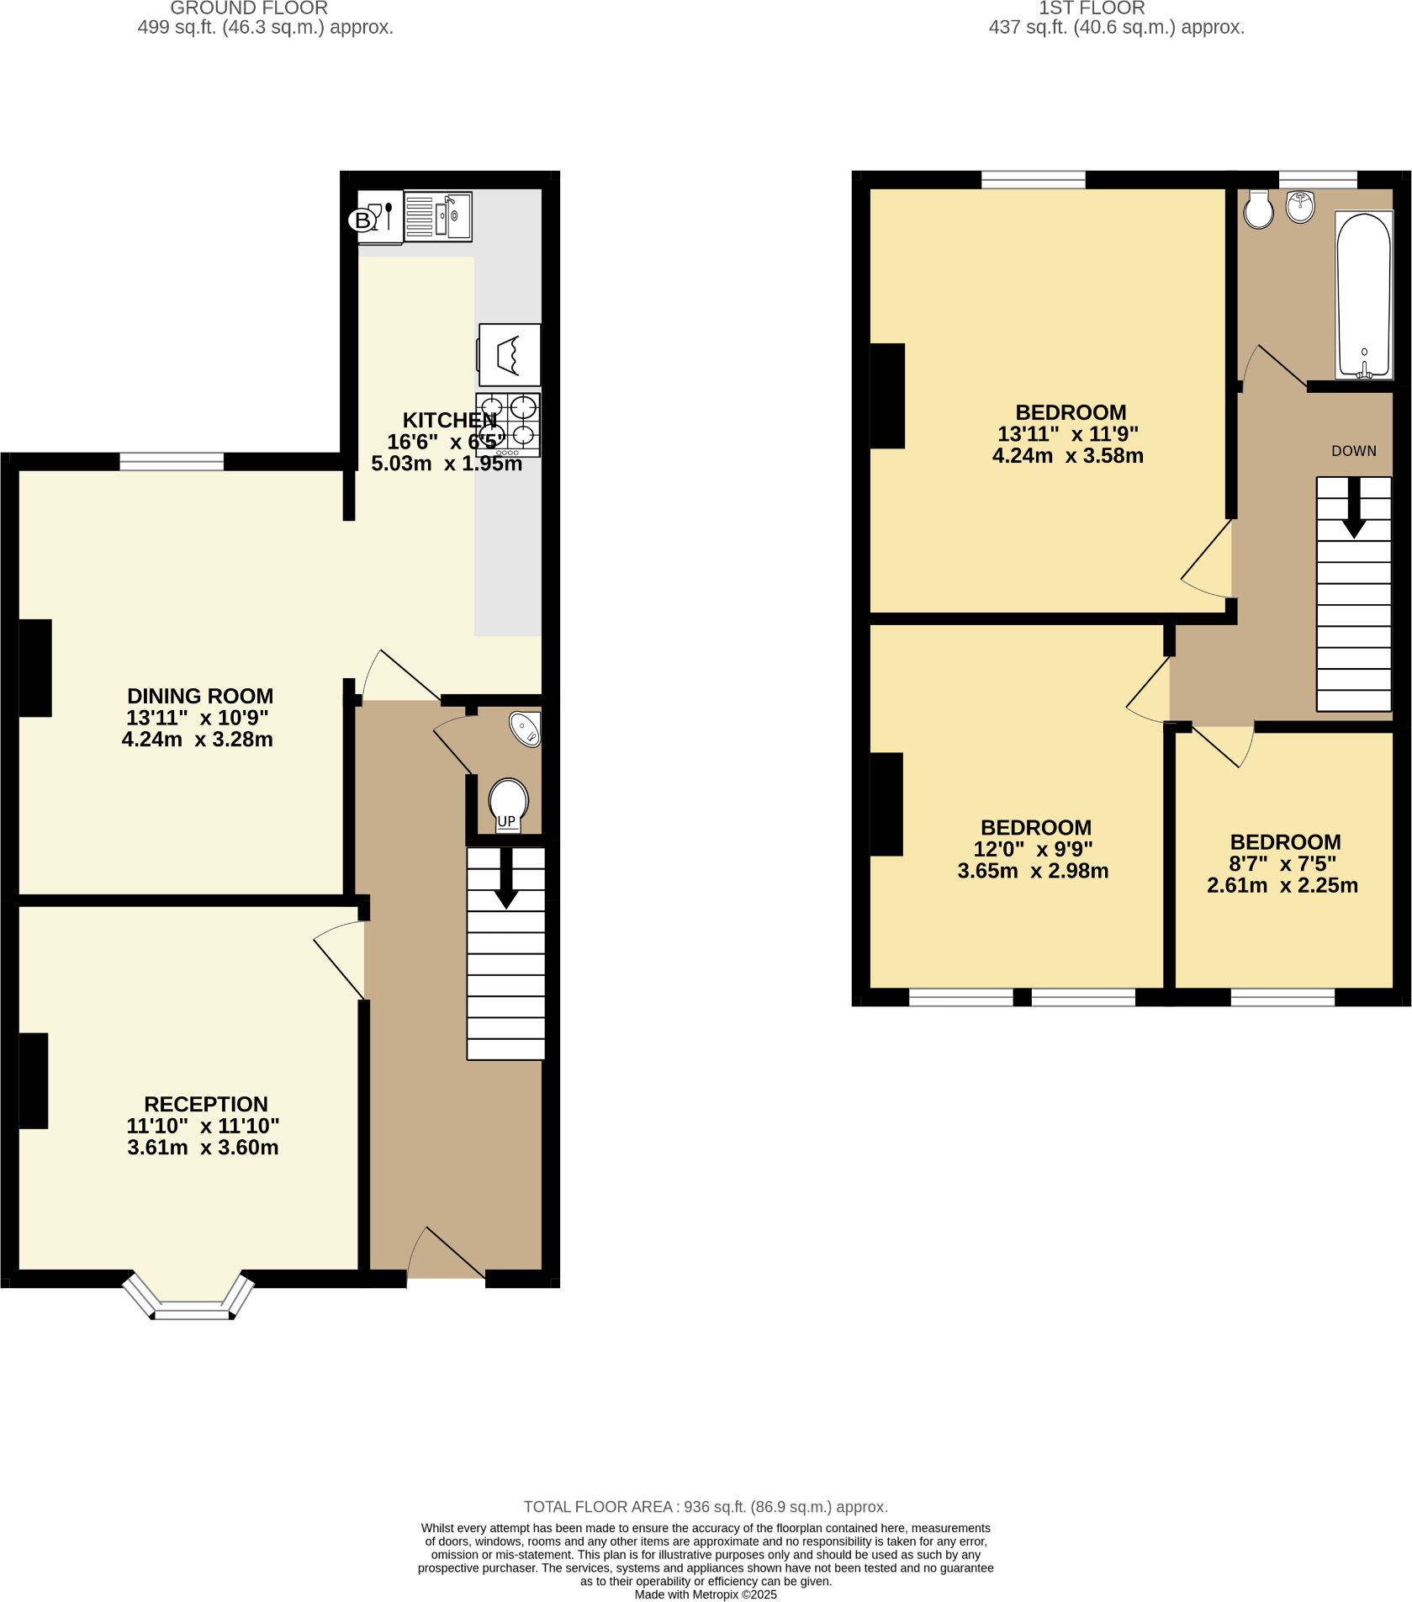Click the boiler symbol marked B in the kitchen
(x=362, y=220)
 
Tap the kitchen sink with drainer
(x=437, y=217)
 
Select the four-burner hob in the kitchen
(x=508, y=424)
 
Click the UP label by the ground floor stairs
(x=506, y=821)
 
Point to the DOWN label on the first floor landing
(x=1353, y=451)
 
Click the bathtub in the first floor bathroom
(x=1363, y=294)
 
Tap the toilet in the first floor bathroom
(x=1259, y=210)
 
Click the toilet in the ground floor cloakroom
(x=508, y=801)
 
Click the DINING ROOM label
(x=200, y=696)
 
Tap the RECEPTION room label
(x=206, y=1104)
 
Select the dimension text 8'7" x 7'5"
(x=1282, y=863)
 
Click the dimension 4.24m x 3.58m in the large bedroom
(x=1067, y=456)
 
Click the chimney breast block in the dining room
(x=34, y=668)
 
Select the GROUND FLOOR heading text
(x=249, y=8)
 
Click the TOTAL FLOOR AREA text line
(x=705, y=1506)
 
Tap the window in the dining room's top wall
(x=172, y=461)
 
